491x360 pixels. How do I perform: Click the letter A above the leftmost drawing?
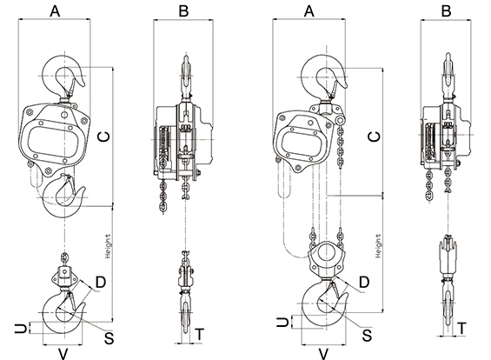pos(55,11)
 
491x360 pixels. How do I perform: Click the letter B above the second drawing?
pos(183,11)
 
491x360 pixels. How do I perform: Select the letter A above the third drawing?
pos(309,11)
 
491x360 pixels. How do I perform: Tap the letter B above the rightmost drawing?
pos(446,11)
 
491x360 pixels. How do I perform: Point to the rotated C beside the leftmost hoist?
pos(104,137)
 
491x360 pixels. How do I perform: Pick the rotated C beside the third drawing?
pos(375,137)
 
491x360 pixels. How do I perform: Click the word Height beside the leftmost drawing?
pos(108,246)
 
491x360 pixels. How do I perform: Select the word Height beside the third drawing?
pos(378,246)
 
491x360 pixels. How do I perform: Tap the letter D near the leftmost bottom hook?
pos(101,283)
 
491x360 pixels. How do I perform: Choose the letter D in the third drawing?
pos(364,283)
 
